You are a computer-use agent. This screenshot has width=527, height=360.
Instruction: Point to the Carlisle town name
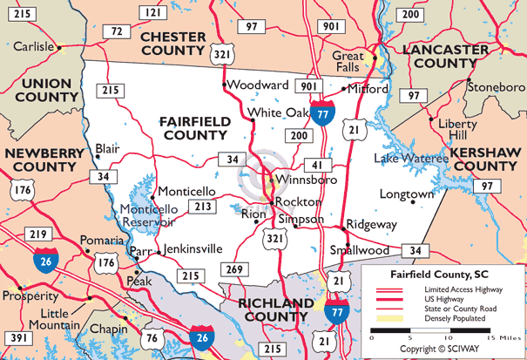tap(29, 45)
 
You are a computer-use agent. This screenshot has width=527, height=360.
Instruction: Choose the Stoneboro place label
tap(496, 87)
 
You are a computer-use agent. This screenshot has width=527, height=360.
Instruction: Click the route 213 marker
tap(203, 207)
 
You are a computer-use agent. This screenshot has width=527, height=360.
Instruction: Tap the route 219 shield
tap(37, 234)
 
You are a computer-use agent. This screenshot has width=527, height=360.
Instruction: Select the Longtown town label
tap(405, 194)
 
